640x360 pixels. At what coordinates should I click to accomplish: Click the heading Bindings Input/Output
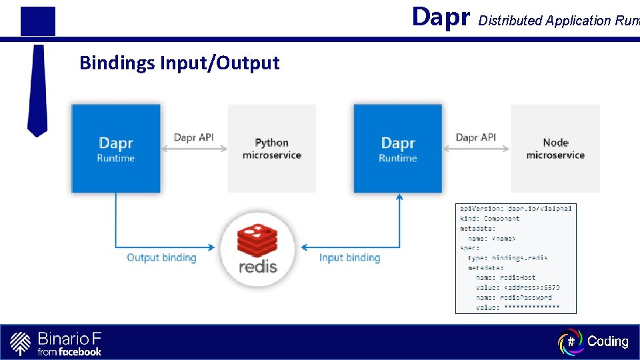click(179, 63)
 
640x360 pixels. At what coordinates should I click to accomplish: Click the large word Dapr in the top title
click(441, 17)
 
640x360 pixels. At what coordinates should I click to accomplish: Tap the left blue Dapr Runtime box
click(116, 149)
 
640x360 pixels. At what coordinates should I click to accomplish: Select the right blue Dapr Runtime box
click(398, 149)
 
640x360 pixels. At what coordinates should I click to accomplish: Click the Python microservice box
click(271, 149)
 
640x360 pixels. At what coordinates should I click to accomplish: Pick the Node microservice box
click(555, 149)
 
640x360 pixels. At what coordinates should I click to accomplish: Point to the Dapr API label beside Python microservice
click(193, 137)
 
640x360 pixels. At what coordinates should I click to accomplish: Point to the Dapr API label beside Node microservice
click(476, 137)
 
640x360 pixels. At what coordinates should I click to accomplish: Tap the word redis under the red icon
click(258, 267)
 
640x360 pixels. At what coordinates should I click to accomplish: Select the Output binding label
click(161, 258)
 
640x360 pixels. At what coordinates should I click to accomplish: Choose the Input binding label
click(349, 258)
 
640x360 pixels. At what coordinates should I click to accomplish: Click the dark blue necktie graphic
click(37, 90)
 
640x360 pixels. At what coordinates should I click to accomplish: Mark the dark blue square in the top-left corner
click(37, 21)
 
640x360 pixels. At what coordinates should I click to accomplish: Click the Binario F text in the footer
click(69, 338)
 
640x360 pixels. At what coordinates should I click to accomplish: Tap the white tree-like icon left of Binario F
click(21, 343)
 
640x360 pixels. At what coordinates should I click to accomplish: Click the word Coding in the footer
click(607, 341)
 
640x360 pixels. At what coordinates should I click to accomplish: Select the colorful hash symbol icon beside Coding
click(571, 341)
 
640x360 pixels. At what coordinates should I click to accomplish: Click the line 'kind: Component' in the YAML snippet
click(489, 219)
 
